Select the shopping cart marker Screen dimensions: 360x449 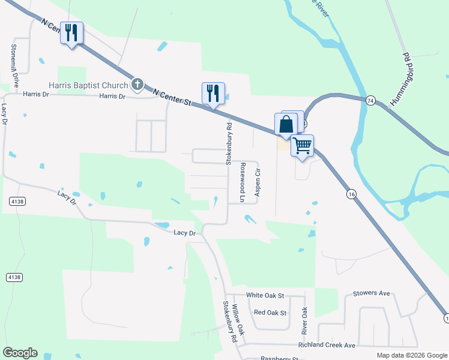click(302, 145)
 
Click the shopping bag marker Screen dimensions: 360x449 click(286, 124)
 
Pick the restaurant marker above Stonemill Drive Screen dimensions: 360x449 click(72, 32)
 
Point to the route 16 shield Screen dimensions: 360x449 click(351, 194)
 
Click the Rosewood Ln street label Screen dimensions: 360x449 click(243, 182)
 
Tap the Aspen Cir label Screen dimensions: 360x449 click(257, 182)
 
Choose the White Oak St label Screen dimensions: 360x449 click(265, 296)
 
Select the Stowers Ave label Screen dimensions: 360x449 click(372, 293)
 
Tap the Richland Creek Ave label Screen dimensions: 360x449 click(327, 346)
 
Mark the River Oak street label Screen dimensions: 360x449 click(304, 322)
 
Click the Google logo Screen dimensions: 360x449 click(20, 353)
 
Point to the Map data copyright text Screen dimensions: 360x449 click(411, 355)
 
